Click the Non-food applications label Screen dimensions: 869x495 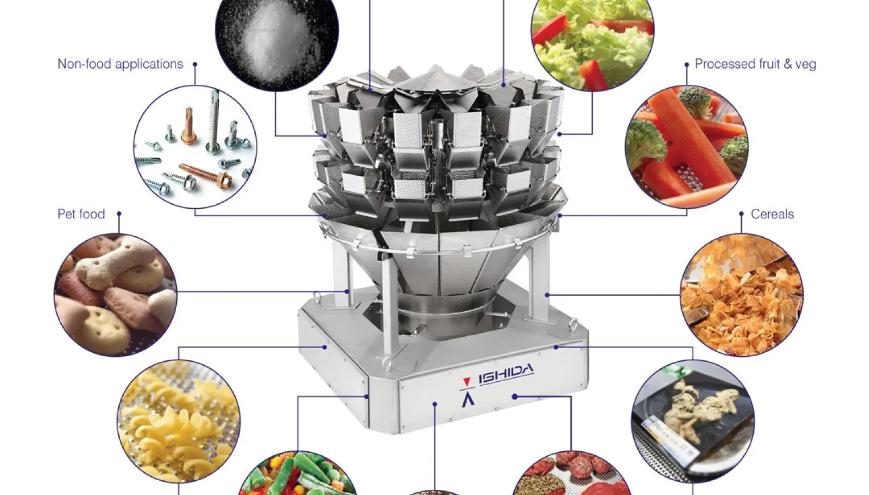(x=120, y=64)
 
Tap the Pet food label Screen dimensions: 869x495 (x=81, y=214)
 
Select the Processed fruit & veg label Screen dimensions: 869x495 (x=755, y=64)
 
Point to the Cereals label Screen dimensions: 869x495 (x=772, y=214)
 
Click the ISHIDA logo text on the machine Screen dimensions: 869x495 (x=506, y=374)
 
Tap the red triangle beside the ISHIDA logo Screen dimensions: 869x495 (x=467, y=382)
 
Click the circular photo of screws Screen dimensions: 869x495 (x=195, y=147)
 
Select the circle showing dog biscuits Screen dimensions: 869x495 (x=115, y=295)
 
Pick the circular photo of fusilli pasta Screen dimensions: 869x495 (x=178, y=421)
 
